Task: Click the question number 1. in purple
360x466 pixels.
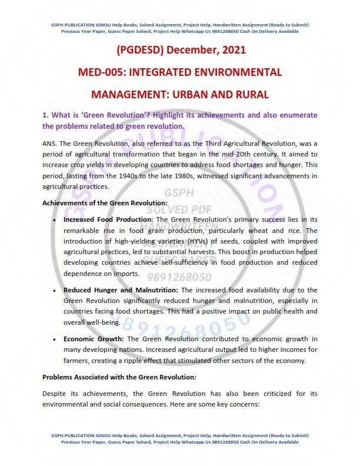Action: click(x=46, y=115)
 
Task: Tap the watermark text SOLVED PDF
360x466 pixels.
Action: click(x=179, y=209)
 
